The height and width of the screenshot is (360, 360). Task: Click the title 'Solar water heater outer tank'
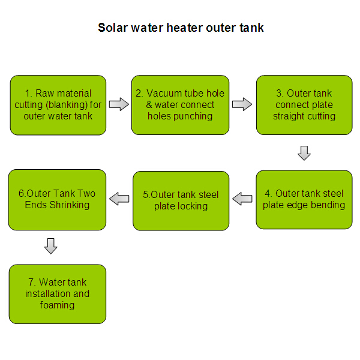(x=180, y=28)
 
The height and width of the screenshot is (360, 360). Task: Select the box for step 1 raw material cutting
(x=58, y=105)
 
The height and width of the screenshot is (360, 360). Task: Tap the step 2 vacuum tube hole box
(x=180, y=105)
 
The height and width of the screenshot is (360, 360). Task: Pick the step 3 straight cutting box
(x=304, y=105)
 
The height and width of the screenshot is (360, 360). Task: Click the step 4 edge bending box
(x=304, y=199)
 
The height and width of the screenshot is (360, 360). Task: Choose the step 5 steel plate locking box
(x=181, y=200)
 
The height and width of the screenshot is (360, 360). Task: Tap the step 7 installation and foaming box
(x=57, y=294)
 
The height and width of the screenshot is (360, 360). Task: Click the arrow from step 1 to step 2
(x=119, y=105)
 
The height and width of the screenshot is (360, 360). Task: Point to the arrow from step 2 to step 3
(x=242, y=105)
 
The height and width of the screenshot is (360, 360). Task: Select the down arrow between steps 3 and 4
(x=304, y=152)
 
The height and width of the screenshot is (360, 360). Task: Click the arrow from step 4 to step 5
(x=242, y=199)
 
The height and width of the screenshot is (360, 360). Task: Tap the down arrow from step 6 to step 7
(x=51, y=246)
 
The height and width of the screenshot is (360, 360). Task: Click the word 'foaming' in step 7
(x=58, y=305)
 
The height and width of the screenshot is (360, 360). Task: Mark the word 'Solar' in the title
(x=112, y=28)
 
